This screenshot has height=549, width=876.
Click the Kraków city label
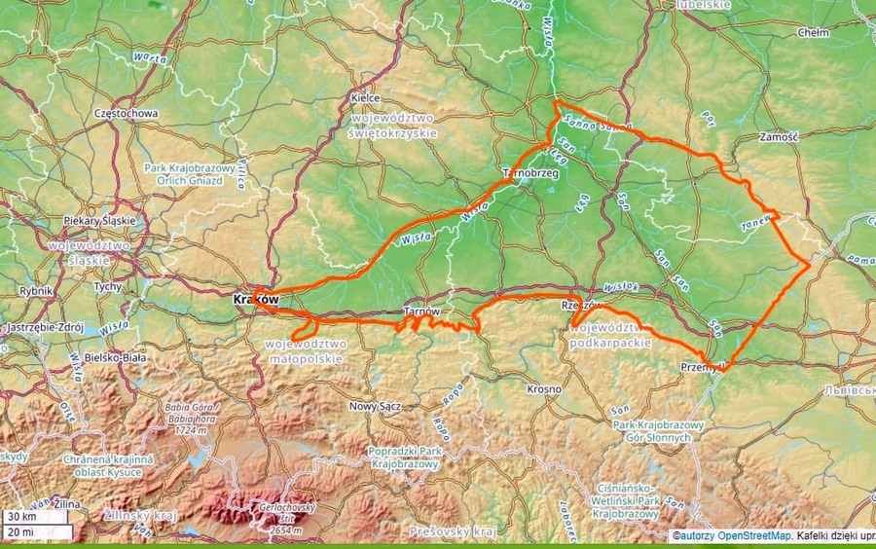257,300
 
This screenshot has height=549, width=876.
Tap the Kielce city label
363,99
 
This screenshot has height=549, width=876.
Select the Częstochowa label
127,113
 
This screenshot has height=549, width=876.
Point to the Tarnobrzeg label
529,172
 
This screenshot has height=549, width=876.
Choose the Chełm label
813,32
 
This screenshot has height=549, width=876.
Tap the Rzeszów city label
580,306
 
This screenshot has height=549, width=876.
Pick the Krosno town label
544,389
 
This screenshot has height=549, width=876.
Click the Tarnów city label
421,311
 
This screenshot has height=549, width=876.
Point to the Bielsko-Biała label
116,357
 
